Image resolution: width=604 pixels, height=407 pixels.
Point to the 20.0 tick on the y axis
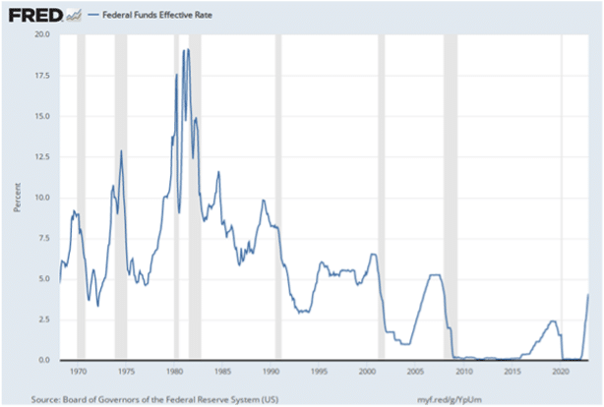41,34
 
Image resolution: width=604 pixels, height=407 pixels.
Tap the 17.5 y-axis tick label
41,75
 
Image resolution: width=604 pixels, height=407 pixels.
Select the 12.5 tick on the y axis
41,156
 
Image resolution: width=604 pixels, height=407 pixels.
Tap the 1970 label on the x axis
79,372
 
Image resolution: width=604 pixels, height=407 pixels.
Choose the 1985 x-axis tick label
222,372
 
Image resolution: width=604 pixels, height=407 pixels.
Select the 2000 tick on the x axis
367,372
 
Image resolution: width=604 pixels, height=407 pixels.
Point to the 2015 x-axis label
512,372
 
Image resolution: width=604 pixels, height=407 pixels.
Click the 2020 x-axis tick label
560,372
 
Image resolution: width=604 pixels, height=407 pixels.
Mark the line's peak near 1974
121,150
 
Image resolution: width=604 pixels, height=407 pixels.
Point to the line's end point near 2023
588,294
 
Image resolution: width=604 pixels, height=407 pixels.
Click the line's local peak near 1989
263,200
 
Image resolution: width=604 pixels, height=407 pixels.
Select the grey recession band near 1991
279,197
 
